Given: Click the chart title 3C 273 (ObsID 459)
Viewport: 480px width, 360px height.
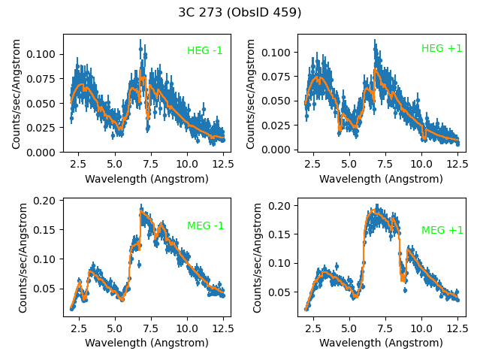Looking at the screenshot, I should tap(240, 12).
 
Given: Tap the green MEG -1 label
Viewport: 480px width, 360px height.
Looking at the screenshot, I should tap(205, 225).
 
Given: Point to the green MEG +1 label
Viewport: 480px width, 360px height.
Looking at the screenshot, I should tap(442, 231).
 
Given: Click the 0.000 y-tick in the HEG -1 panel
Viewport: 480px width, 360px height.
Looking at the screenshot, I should tap(43, 153).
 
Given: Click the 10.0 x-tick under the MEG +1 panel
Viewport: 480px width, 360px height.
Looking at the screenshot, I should tap(421, 328).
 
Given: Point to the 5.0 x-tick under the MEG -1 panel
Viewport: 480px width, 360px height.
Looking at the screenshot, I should tap(114, 328).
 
